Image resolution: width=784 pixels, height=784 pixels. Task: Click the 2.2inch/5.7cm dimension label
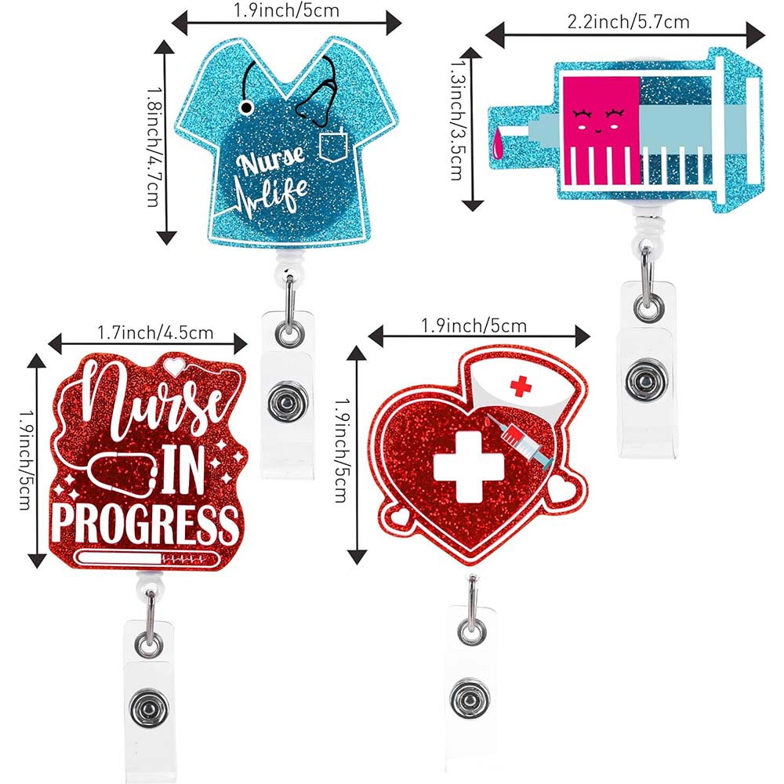[628, 20]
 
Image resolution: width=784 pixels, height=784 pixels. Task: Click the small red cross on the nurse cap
[521, 385]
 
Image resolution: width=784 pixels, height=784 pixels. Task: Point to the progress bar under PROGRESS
[147, 559]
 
